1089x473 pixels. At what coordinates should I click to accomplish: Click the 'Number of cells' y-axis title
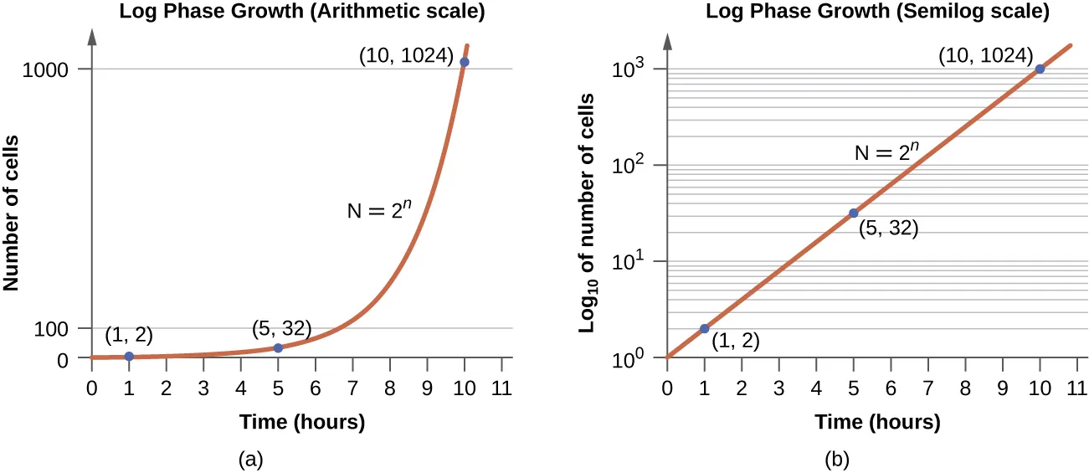[x=12, y=213]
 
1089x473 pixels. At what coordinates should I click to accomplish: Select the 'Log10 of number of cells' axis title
[x=588, y=213]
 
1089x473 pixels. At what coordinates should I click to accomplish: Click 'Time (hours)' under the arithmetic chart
[x=302, y=423]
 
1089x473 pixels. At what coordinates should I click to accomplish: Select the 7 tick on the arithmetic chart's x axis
[x=352, y=388]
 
